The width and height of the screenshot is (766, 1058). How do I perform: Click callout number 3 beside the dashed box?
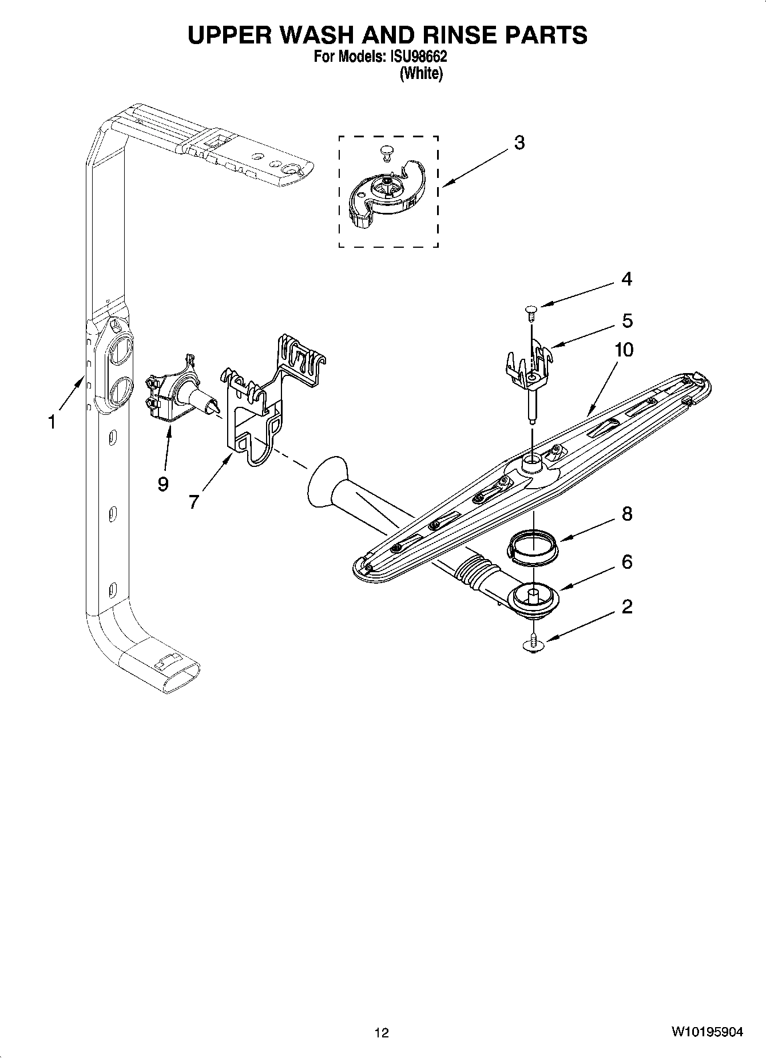tap(519, 142)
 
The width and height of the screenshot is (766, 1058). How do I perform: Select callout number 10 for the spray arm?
tap(624, 349)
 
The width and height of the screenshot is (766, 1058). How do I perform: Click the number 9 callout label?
tap(163, 484)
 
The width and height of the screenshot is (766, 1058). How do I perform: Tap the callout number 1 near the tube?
tap(51, 422)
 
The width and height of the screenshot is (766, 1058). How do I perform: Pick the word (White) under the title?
tap(421, 73)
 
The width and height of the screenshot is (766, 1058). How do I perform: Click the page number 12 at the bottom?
tap(382, 1032)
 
